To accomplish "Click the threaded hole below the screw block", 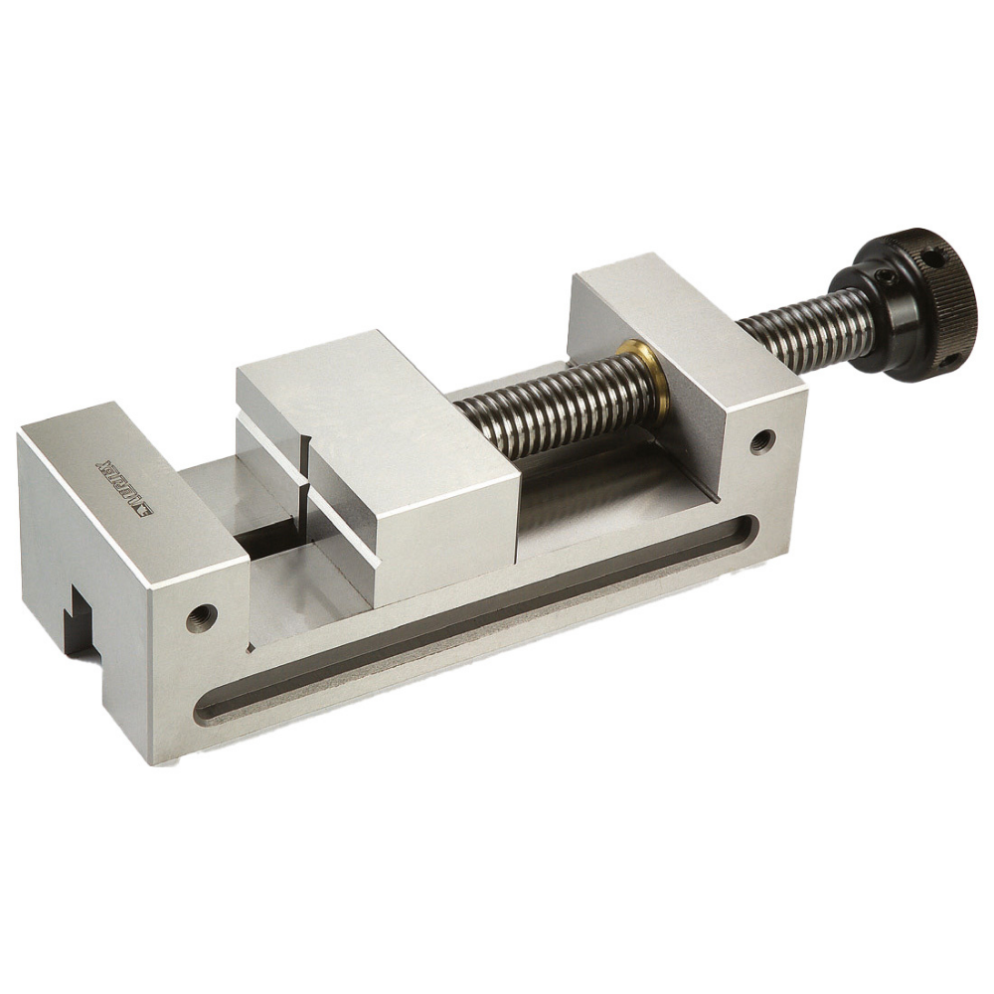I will tap(762, 438).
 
